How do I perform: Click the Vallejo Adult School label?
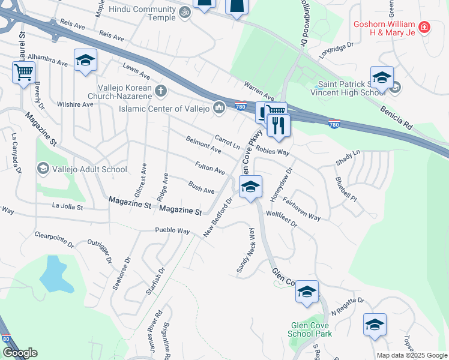[x=89, y=169]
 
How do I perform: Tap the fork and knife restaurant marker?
[x=279, y=125]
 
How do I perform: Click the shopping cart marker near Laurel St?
[x=23, y=73]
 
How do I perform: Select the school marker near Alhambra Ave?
[x=86, y=61]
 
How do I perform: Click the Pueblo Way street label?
[x=172, y=231]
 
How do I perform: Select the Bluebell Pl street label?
[x=346, y=189]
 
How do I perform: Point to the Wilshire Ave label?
[x=75, y=104]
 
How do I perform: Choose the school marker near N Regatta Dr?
[x=375, y=325]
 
